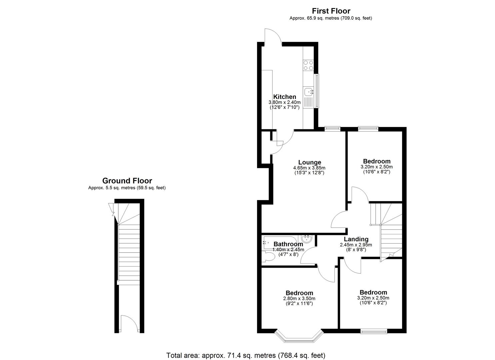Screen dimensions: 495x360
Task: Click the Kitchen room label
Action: pos(284,97)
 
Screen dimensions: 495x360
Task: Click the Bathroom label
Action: pos(288,244)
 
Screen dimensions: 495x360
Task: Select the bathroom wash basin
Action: pos(306,239)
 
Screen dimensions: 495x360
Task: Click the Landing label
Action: pos(356,239)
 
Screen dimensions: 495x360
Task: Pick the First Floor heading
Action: pos(331,11)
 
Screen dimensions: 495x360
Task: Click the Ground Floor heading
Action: pos(127,181)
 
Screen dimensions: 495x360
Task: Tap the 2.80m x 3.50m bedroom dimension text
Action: pos(299,298)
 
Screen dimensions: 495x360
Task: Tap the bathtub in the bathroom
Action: pos(280,243)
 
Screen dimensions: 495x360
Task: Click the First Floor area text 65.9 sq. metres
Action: pos(331,18)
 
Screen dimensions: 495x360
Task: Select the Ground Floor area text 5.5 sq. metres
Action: pos(127,188)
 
